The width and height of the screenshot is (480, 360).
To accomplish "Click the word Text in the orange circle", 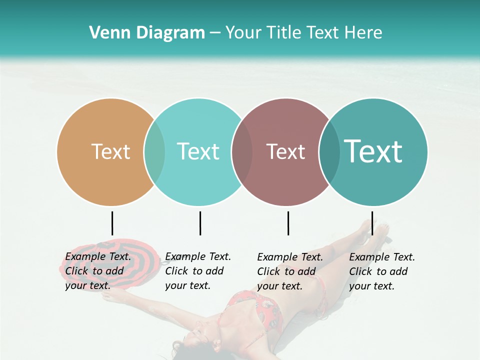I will pos(110,151).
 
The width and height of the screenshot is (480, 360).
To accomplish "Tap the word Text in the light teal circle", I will pos(198,151).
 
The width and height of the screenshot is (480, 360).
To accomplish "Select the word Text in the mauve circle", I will pos(285,151).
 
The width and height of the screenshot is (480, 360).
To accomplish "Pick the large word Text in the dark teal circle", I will pos(373,151).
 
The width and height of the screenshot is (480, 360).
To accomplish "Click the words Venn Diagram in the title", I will pos(147,32).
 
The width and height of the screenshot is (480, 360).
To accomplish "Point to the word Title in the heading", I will pos(284,32).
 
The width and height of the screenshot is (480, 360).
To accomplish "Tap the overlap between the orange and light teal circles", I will pos(154,152).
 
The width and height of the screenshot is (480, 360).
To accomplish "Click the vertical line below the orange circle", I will pos(112,223).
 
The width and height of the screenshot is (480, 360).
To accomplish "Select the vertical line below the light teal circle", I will pos(200,223).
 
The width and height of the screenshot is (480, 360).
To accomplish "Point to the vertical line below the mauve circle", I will pos(288,223).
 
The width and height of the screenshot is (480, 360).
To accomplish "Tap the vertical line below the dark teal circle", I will pos(372,223).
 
